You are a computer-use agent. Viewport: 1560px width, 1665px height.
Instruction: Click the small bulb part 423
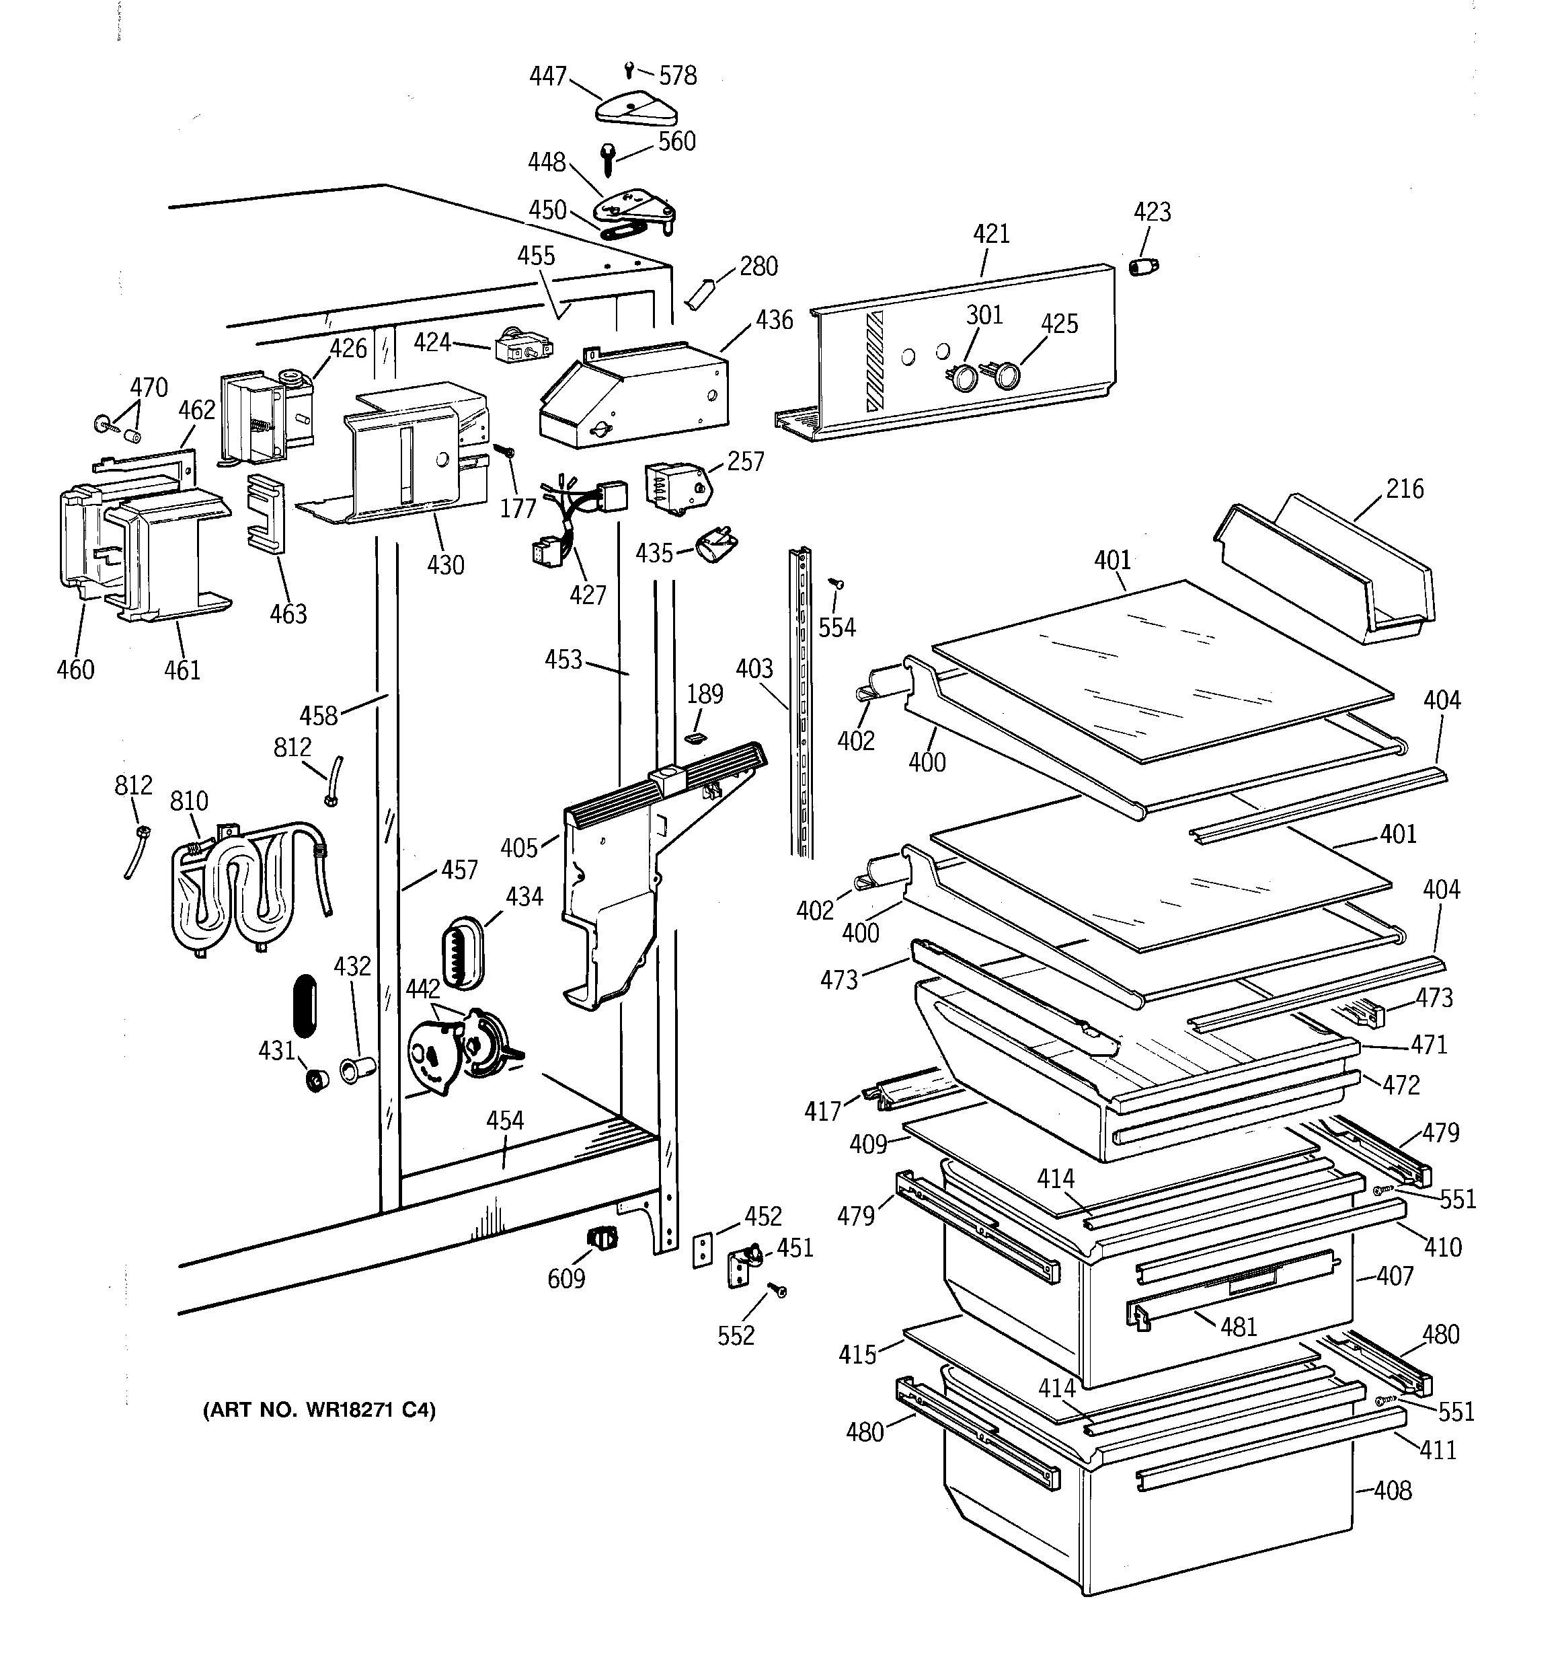(x=1143, y=266)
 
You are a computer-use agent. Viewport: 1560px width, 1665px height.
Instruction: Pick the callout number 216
(x=1404, y=489)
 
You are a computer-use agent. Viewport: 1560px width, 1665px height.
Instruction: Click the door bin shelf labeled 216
(x=1331, y=570)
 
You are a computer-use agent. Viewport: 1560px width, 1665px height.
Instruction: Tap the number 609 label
(x=566, y=1279)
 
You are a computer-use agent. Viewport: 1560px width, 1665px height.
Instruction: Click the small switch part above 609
(x=602, y=1238)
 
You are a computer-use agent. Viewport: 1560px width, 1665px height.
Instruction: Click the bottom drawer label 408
(x=1393, y=1491)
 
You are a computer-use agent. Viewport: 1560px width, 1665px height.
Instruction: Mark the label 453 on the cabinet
(x=563, y=660)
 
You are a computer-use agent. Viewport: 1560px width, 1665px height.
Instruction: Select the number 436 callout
(x=774, y=320)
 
